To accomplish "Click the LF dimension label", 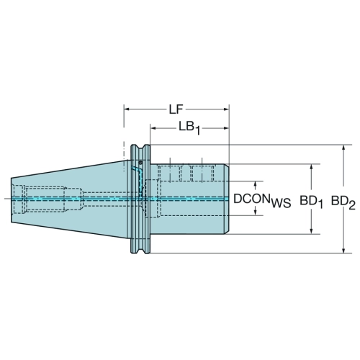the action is (x=176, y=109).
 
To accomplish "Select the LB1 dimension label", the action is (x=189, y=128).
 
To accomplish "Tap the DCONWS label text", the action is (x=262, y=201).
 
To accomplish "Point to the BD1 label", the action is (x=311, y=202).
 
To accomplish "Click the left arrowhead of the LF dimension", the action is (x=127, y=109).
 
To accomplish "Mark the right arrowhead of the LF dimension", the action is (x=226, y=109).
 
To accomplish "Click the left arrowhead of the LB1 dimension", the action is (x=153, y=128).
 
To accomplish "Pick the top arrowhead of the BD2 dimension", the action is (x=343, y=148).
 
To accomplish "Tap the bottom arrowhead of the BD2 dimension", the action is (x=343, y=250).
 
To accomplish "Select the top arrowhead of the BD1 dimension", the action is (x=311, y=167).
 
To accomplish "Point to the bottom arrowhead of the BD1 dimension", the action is (x=311, y=231).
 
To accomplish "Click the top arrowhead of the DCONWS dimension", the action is (x=256, y=184).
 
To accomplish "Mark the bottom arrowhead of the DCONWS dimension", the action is (x=256, y=212).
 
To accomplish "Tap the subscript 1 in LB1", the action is (x=198, y=131).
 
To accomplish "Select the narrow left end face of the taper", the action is (x=12, y=200).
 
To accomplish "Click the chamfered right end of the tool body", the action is (x=227, y=199).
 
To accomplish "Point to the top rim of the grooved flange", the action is (x=140, y=145).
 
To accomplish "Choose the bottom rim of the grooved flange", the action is (x=140, y=252).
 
